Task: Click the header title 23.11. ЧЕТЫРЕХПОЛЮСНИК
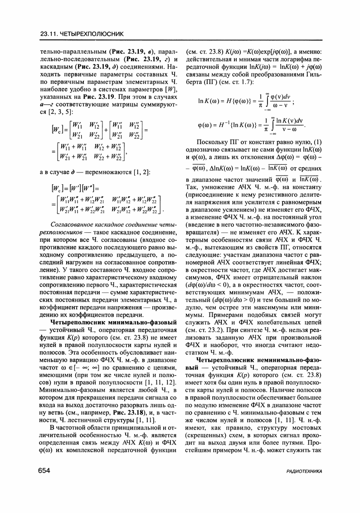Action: coord(82,34)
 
